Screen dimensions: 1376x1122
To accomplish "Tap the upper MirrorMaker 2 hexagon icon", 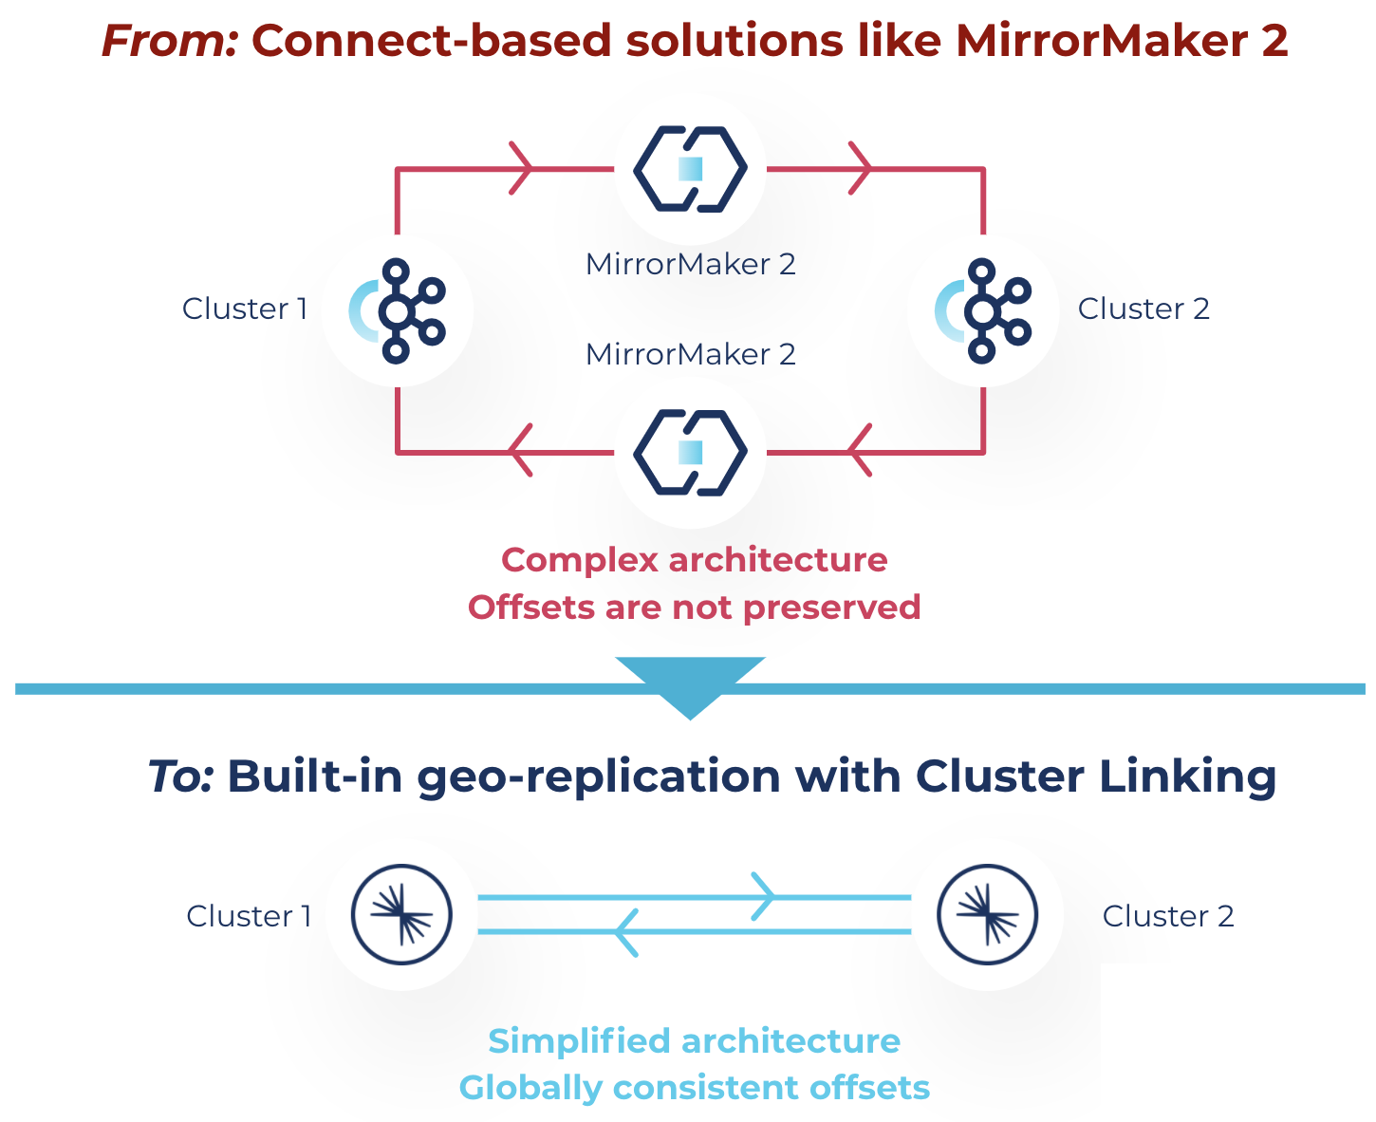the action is pyautogui.click(x=690, y=169).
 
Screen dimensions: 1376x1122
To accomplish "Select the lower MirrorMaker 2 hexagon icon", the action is pyautogui.click(x=690, y=453).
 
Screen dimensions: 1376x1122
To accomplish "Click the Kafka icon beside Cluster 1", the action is pyautogui.click(x=398, y=311).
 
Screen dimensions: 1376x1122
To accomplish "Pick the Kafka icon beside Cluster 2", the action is pyautogui.click(x=982, y=311).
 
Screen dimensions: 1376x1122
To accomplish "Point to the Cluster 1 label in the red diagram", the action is pyautogui.click(x=244, y=309).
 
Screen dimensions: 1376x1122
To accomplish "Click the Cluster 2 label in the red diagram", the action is pyautogui.click(x=1144, y=309).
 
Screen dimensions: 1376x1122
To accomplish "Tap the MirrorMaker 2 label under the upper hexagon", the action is pyautogui.click(x=690, y=264).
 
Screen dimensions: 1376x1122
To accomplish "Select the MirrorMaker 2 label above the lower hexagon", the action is pyautogui.click(x=690, y=354).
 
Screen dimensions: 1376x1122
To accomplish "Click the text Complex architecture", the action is pyautogui.click(x=695, y=560).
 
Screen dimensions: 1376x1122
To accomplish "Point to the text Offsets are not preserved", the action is pyautogui.click(x=695, y=608).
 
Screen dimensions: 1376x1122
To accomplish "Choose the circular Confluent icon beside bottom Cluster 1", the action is pyautogui.click(x=401, y=914).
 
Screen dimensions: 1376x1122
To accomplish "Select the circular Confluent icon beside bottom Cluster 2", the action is pyautogui.click(x=987, y=914).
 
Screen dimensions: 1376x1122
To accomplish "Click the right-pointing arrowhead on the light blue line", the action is pyautogui.click(x=764, y=896).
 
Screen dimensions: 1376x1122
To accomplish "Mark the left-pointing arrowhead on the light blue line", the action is pyautogui.click(x=626, y=932).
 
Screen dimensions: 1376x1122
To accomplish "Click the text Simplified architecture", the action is pyautogui.click(x=695, y=1041).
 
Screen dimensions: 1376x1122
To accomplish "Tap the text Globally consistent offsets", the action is pyautogui.click(x=695, y=1088).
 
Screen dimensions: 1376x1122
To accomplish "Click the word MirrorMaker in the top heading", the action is pyautogui.click(x=1101, y=41).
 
